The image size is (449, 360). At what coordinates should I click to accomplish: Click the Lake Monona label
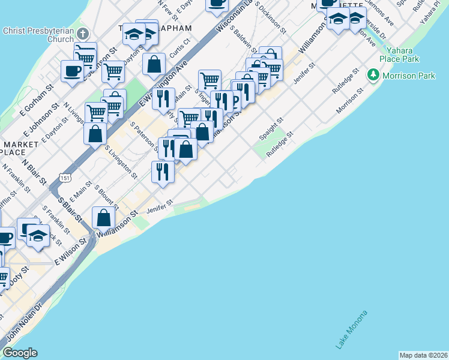pos(351,329)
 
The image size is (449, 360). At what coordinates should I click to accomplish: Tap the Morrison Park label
pos(409,76)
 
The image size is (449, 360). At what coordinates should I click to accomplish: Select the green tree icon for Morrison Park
pos(374,75)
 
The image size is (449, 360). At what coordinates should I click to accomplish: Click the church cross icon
pos(83,34)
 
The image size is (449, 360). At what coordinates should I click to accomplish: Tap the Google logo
pos(20,353)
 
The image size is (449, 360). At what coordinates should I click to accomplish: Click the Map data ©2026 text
pos(424,355)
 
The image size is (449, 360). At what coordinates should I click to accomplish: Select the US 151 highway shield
pos(64,178)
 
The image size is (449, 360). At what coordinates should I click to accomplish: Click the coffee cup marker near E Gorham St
pos(72,71)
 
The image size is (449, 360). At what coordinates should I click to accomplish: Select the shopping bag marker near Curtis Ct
pos(154,64)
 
